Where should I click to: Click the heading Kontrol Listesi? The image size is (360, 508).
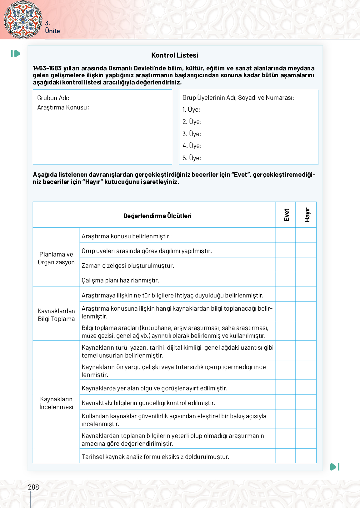[x=175, y=55]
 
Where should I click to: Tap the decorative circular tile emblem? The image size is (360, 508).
[x=23, y=19]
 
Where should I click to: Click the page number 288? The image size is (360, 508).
[x=33, y=487]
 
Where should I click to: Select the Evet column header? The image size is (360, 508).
[x=286, y=215]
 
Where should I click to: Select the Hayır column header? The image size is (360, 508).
[x=307, y=215]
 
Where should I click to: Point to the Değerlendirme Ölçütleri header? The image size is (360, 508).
[x=157, y=216]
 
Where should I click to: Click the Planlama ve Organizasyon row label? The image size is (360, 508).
[x=56, y=258]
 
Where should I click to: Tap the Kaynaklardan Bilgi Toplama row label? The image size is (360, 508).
[x=56, y=315]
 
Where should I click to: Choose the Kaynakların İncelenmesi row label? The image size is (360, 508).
[x=56, y=403]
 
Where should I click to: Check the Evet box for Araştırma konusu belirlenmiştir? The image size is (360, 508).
[x=286, y=235]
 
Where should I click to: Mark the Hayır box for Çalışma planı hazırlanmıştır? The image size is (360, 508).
[x=306, y=280]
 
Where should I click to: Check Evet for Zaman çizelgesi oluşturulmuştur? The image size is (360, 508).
[x=286, y=265]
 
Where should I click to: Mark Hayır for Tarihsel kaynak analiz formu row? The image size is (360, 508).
[x=306, y=456]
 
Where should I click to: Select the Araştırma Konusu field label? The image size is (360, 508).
[x=63, y=107]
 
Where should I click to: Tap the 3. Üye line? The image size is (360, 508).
[x=192, y=134]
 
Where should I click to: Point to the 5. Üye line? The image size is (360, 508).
[x=192, y=158]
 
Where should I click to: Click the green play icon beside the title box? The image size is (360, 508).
[x=16, y=53]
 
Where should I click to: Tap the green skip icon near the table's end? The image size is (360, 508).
[x=335, y=467]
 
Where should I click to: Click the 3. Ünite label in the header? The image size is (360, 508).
[x=52, y=27]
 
